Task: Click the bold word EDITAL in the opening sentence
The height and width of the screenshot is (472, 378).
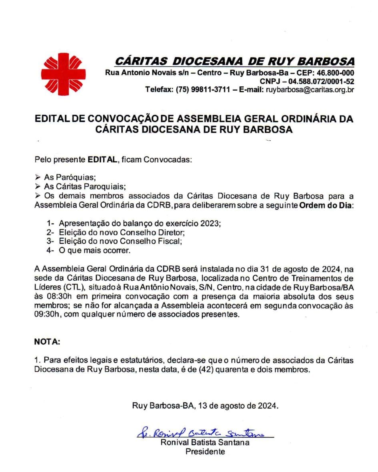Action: click(x=102, y=160)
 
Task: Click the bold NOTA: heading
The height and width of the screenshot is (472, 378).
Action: click(x=47, y=343)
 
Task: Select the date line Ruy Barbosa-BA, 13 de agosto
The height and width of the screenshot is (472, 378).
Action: click(x=205, y=405)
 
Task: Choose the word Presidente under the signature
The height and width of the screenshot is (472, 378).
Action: click(x=205, y=452)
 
